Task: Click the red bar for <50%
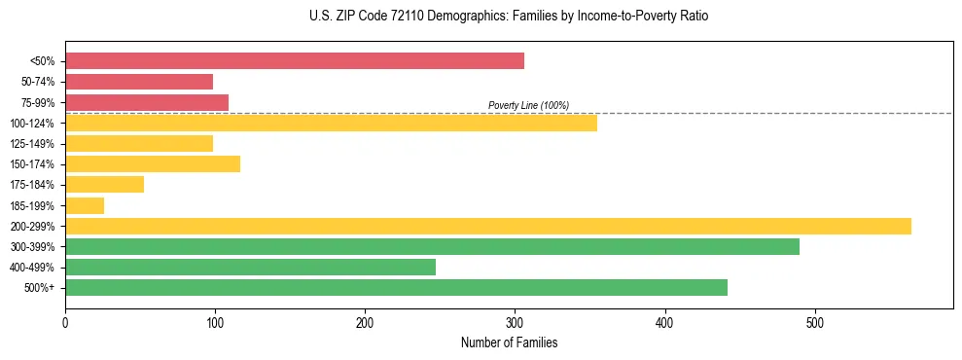(295, 61)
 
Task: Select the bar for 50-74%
(139, 82)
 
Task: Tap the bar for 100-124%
(331, 123)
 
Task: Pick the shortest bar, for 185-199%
(85, 205)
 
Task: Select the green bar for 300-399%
(432, 246)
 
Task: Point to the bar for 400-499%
(250, 267)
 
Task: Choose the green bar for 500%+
(396, 287)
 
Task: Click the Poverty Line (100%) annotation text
(528, 105)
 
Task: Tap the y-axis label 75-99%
(38, 102)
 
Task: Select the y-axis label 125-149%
(33, 144)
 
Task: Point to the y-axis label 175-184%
(33, 185)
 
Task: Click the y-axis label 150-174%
(33, 164)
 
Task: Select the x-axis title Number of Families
(509, 342)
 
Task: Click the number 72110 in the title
(384, 17)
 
